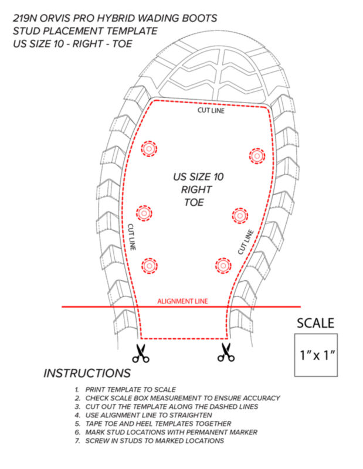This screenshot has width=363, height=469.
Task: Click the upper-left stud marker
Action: [149, 148]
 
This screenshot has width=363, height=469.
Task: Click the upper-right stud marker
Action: [257, 156]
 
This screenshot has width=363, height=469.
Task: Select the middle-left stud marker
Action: [144, 213]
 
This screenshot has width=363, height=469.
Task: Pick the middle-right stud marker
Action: [240, 215]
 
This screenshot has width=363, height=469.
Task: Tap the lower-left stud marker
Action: [150, 266]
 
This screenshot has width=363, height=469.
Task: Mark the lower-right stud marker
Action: [223, 266]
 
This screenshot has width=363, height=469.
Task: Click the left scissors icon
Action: [141, 354]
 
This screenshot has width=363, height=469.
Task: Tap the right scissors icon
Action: [226, 352]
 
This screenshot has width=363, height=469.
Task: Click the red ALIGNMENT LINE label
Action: [182, 301]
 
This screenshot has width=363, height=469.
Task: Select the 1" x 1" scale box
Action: [316, 355]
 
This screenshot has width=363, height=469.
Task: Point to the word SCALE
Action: [315, 324]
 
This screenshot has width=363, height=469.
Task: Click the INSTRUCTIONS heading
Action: [87, 373]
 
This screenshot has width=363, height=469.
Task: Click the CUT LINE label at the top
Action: [211, 110]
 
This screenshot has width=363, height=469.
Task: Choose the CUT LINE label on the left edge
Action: [132, 237]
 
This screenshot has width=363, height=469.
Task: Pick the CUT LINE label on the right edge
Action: [246, 242]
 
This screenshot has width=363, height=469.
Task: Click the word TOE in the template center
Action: [194, 202]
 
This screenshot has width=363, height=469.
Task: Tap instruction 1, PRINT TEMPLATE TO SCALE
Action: [125, 390]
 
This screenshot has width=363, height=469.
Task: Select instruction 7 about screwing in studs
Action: [150, 441]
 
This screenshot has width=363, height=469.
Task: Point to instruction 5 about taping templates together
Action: [153, 424]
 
